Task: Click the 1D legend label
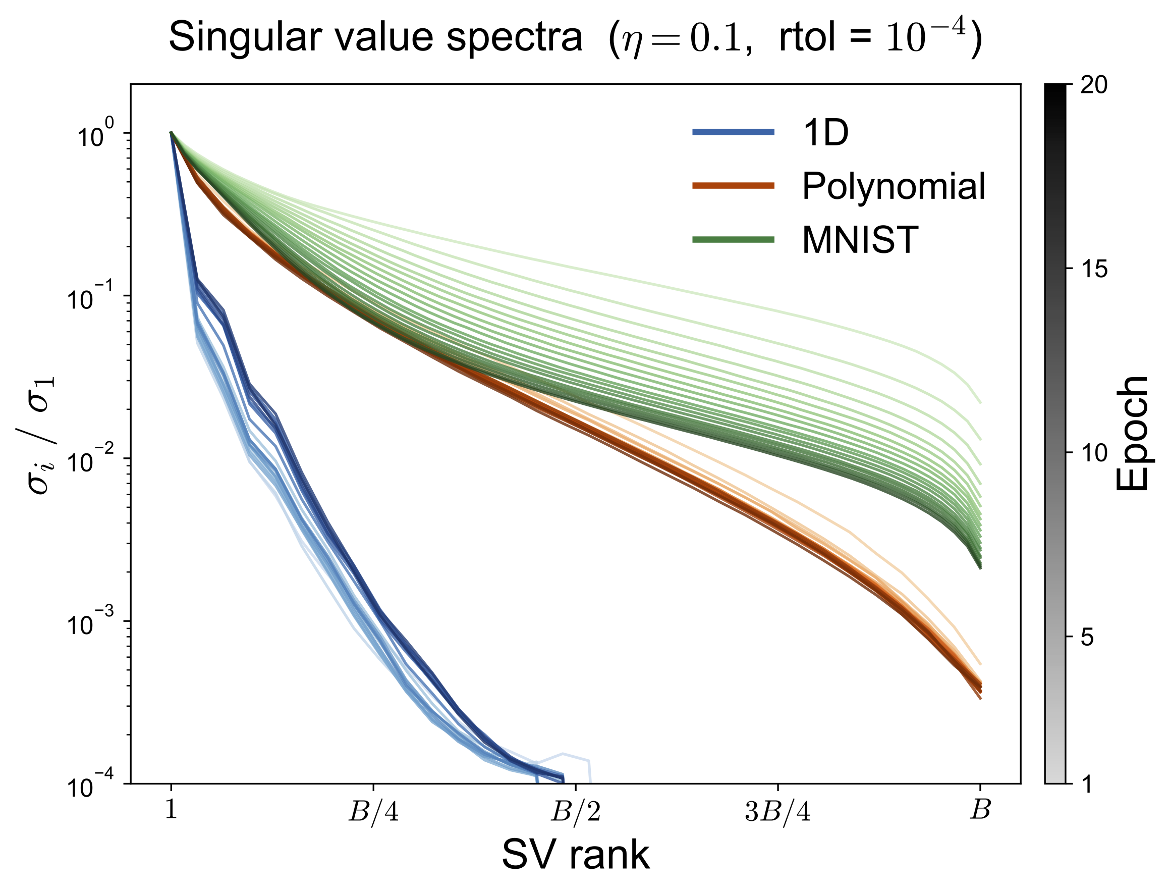[x=825, y=133]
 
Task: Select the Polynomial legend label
[x=894, y=186]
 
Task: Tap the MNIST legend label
[x=860, y=240]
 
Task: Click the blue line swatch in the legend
[x=733, y=132]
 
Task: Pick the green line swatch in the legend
[x=733, y=240]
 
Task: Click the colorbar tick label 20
[x=1094, y=85]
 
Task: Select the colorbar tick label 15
[x=1094, y=269]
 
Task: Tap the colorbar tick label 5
[x=1087, y=637]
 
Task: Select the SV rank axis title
[x=576, y=855]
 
